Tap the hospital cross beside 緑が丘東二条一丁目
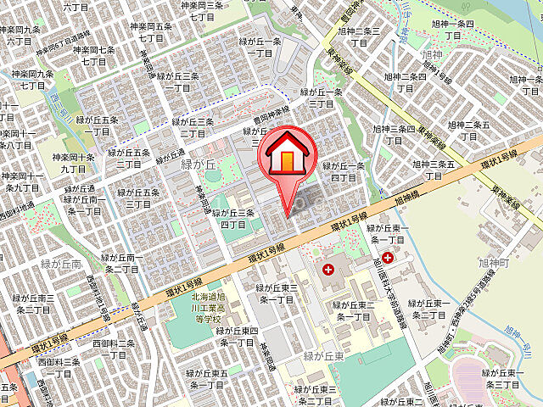click(328, 269)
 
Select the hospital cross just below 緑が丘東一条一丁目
click(389, 256)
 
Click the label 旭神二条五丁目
click(468, 131)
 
